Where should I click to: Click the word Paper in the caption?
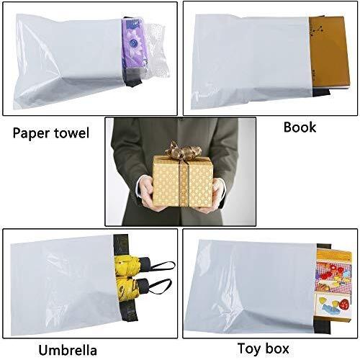[30, 134]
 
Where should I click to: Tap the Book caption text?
[300, 127]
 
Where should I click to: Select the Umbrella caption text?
[68, 350]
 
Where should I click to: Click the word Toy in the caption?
[249, 349]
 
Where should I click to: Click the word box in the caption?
[276, 348]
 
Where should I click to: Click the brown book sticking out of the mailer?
[329, 52]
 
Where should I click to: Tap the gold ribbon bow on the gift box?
[182, 150]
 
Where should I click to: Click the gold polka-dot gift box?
[183, 181]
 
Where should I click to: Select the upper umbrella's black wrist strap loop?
[163, 265]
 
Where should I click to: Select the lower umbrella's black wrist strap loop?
[161, 286]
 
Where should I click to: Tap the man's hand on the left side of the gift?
[147, 193]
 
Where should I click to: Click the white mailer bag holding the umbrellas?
[65, 286]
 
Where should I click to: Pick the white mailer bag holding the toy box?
[251, 287]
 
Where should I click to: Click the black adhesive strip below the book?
[321, 92]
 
